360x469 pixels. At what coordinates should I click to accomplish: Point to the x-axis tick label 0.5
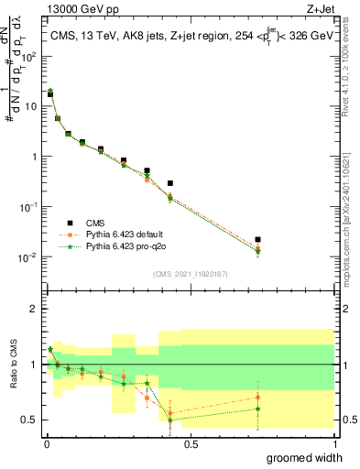pyautogui.click(x=191, y=442)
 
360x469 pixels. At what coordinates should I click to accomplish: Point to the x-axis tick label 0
pyautogui.click(x=47, y=442)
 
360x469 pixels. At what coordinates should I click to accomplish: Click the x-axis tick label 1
pyautogui.click(x=334, y=442)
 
